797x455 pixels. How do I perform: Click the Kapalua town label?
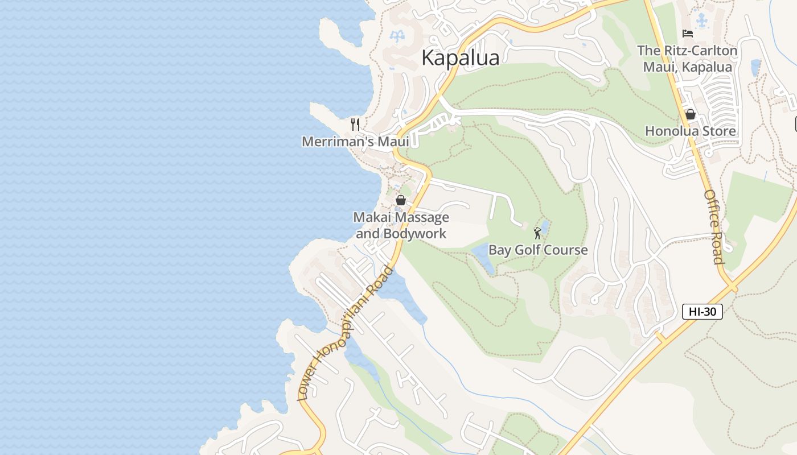click(461, 58)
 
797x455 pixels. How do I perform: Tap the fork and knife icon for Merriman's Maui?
click(355, 124)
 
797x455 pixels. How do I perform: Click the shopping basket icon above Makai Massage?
click(401, 200)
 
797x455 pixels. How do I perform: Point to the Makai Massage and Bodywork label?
click(401, 225)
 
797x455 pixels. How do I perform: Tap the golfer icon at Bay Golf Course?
click(537, 233)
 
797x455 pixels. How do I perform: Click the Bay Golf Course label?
click(538, 250)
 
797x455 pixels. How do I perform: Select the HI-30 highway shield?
click(702, 312)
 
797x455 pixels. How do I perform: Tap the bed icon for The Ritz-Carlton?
click(688, 34)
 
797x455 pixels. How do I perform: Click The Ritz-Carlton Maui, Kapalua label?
click(687, 59)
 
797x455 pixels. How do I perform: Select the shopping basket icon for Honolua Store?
click(691, 114)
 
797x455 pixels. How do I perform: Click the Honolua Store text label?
click(690, 131)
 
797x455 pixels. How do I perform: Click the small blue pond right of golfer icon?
click(545, 226)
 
